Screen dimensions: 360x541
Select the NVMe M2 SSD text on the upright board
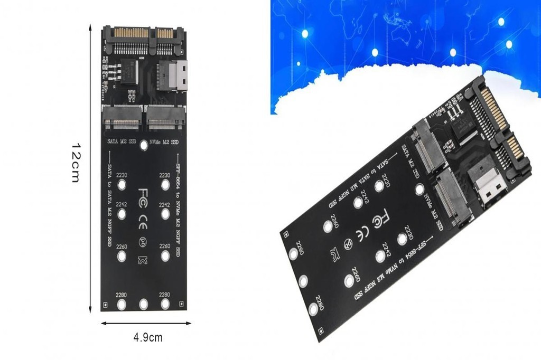click(164, 142)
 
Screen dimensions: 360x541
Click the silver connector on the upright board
click(178, 75)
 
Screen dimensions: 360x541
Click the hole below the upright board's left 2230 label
click(122, 185)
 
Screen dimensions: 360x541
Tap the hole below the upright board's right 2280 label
click(165, 305)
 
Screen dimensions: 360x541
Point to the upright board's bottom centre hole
click(143, 305)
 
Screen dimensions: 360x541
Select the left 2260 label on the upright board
click(122, 246)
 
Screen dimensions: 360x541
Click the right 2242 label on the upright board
click(165, 205)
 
